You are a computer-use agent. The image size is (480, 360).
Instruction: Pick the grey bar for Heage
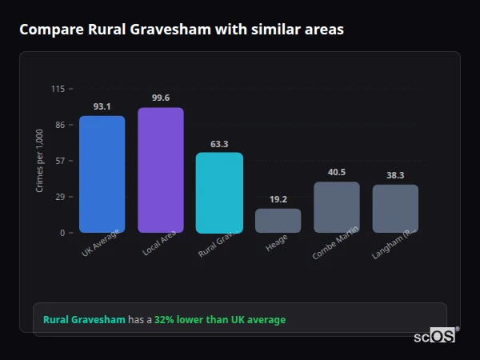[x=278, y=221]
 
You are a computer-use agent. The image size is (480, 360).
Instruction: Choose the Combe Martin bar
[x=336, y=207]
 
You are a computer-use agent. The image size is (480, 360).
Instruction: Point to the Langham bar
[x=395, y=209]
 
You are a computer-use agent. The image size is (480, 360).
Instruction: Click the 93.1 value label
[x=102, y=106]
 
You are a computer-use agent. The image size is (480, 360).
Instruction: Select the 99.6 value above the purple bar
[x=160, y=98]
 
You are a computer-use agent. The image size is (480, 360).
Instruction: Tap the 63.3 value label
[x=219, y=144]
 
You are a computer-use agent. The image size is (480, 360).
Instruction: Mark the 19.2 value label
[x=278, y=199]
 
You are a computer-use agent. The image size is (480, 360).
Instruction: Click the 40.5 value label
[x=336, y=172]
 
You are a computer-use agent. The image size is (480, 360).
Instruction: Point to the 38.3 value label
[x=395, y=175]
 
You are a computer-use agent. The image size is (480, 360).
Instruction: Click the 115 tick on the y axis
[x=58, y=89]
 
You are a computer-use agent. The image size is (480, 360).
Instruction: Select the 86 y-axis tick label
[x=60, y=125]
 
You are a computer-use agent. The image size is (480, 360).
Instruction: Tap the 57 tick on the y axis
[x=60, y=161]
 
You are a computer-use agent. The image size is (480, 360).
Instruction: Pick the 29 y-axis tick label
[x=60, y=197]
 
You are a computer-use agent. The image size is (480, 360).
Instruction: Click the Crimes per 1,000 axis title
[x=40, y=161]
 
